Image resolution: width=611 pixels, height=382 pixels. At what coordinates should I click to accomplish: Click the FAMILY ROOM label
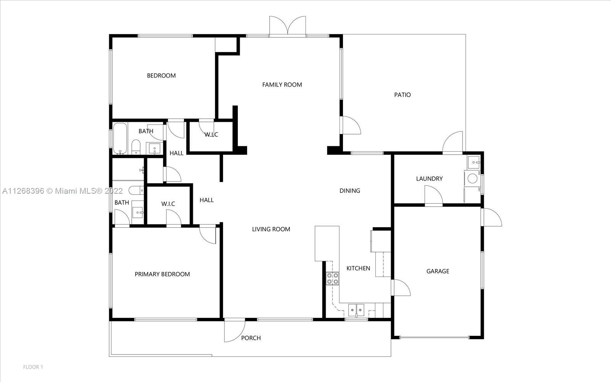[282, 84]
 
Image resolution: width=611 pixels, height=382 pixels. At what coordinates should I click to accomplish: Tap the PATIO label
[402, 95]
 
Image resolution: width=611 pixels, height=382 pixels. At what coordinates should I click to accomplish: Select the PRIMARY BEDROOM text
[162, 274]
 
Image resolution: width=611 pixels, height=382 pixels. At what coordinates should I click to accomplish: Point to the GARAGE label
[438, 271]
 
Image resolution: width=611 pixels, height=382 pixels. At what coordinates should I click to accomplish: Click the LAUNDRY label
[429, 178]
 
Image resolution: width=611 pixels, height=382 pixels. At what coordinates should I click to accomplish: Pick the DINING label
[350, 191]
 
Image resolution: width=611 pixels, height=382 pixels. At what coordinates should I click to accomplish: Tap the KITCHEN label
[358, 268]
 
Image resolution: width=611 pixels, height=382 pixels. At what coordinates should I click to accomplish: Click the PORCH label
[251, 338]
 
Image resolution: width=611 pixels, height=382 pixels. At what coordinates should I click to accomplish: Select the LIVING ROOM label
[271, 229]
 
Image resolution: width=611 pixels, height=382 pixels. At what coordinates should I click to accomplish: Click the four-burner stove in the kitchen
[333, 278]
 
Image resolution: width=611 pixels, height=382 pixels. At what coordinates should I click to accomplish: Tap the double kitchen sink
[356, 310]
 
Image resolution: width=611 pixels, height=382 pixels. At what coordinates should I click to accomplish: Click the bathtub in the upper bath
[120, 138]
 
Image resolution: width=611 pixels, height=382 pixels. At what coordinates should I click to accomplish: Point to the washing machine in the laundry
[472, 179]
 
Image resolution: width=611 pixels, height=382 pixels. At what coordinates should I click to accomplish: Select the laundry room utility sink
[474, 162]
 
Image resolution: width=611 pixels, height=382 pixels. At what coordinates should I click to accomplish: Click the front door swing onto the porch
[234, 331]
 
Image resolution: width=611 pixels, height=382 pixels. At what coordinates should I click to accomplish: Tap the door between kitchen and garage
[401, 288]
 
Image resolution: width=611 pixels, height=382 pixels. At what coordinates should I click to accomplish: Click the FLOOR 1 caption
[33, 367]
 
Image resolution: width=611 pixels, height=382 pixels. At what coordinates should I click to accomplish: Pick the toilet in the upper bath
[136, 147]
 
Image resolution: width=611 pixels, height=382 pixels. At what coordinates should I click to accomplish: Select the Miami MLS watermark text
[63, 191]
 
